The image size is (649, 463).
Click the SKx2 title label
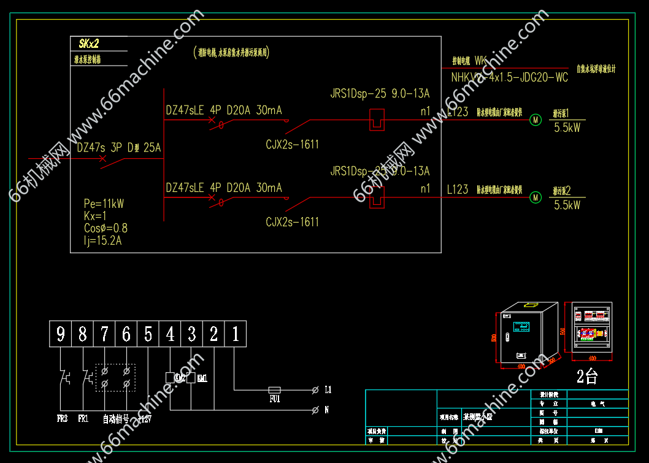[89, 44]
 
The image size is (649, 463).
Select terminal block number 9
[60, 334]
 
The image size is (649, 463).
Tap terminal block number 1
[236, 334]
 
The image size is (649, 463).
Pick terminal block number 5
[148, 334]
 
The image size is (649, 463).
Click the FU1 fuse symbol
[275, 390]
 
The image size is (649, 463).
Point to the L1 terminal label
[328, 389]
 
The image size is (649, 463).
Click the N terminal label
[326, 410]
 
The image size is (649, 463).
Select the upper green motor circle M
[536, 120]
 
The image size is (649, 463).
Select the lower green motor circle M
[536, 197]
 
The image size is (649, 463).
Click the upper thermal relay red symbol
[376, 120]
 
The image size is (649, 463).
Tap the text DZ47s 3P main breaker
[119, 148]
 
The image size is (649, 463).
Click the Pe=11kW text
[104, 204]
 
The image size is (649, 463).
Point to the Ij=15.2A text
[103, 240]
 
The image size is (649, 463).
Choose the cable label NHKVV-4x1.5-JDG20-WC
[509, 78]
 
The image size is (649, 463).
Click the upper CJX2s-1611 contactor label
[293, 145]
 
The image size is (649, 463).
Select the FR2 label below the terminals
[62, 419]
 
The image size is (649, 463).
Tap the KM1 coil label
[202, 378]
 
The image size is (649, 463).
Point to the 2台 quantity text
[586, 377]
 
